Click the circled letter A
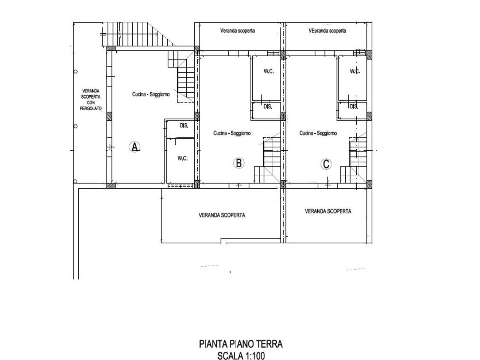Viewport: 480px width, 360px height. pos(135,147)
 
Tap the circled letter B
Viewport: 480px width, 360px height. pos(238,163)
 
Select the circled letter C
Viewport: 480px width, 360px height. pos(326,164)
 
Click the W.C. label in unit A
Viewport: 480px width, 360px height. pos(182,158)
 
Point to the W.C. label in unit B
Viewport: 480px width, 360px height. pos(268,71)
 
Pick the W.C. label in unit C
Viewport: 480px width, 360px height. pos(355,71)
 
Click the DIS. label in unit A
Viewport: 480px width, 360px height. pos(184,126)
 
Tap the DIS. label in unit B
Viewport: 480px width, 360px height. pos(268,106)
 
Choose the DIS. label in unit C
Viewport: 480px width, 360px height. pos(354,106)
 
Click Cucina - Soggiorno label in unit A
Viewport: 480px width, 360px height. pos(151,94)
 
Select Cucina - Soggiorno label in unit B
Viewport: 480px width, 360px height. pos(232,133)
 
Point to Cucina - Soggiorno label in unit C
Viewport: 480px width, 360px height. pos(318,133)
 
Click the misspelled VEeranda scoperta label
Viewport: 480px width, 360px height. pos(327,31)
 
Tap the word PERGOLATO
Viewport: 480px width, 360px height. pos(90,108)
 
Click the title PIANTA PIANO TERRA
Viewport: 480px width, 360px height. pos(241,344)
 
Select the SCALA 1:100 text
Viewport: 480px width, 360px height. pos(241,355)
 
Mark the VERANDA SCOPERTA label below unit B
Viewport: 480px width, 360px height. pos(222,215)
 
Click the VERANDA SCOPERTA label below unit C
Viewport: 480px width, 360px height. pos(328,211)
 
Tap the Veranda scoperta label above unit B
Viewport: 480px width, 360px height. pos(237,31)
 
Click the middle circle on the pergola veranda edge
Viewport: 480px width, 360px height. pos(76,126)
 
